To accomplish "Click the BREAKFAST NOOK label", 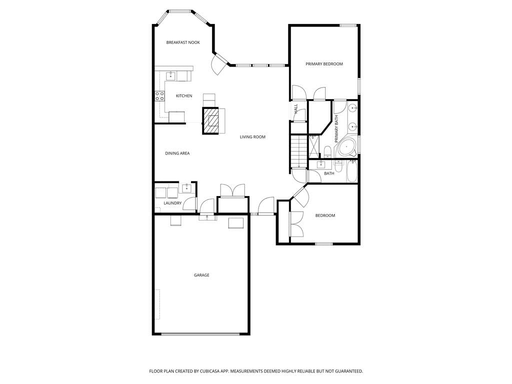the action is click(183, 42).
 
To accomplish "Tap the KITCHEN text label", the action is click(184, 95).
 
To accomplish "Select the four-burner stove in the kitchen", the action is click(159, 96).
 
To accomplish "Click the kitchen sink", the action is click(170, 76).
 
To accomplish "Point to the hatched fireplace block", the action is click(210, 120).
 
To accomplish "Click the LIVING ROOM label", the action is click(252, 137).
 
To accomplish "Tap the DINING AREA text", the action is click(177, 153).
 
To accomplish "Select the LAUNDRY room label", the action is click(172, 203).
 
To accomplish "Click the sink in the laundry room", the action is click(187, 188).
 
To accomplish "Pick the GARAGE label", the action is click(202, 275).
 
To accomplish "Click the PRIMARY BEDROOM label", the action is click(324, 64).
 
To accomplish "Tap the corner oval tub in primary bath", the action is click(347, 148).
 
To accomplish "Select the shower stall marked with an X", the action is click(314, 146).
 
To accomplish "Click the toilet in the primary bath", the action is click(328, 151).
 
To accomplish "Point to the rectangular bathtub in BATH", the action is click(351, 171).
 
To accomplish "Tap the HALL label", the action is click(296, 108).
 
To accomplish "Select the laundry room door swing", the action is click(188, 204).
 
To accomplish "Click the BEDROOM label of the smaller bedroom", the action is click(325, 215).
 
